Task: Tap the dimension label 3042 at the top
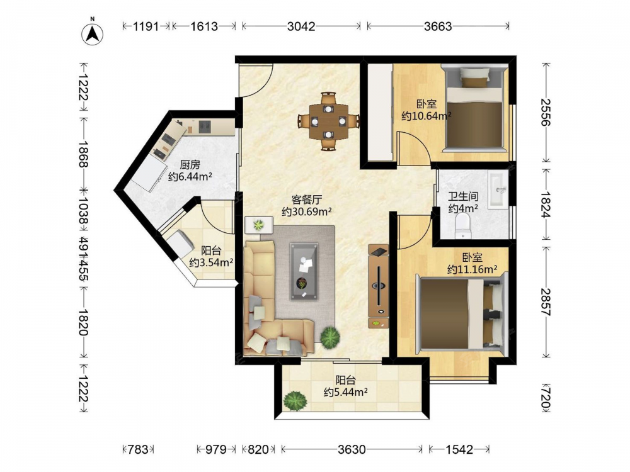click(x=301, y=26)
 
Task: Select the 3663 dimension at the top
click(x=438, y=26)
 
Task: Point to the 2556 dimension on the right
click(x=545, y=113)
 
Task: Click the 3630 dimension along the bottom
click(x=352, y=449)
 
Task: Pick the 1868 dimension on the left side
click(x=84, y=154)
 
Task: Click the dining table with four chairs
click(x=329, y=121)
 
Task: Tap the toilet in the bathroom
click(x=463, y=225)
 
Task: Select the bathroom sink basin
click(x=498, y=189)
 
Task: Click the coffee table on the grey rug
click(x=304, y=271)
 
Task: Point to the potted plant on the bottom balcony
click(x=295, y=401)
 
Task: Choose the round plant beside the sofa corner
click(x=330, y=337)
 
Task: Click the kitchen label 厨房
click(x=190, y=164)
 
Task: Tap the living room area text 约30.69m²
click(x=307, y=211)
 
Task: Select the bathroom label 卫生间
click(x=463, y=196)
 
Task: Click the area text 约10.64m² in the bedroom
click(x=427, y=116)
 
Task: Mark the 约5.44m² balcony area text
click(x=345, y=392)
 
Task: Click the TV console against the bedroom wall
click(x=379, y=286)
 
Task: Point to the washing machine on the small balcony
click(x=180, y=244)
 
